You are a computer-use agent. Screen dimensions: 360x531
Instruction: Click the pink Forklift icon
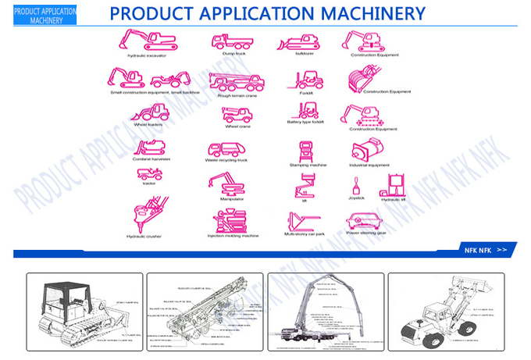[305, 80]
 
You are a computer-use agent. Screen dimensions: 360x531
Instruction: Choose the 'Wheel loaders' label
[148, 124]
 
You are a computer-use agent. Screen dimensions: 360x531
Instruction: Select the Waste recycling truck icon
[226, 149]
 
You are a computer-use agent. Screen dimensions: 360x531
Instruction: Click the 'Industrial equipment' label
[369, 165]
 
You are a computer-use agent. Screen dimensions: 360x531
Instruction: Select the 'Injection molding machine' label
[233, 235]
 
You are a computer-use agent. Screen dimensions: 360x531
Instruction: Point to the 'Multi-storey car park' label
[305, 233]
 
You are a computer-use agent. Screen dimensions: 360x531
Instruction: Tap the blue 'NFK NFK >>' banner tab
[484, 250]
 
